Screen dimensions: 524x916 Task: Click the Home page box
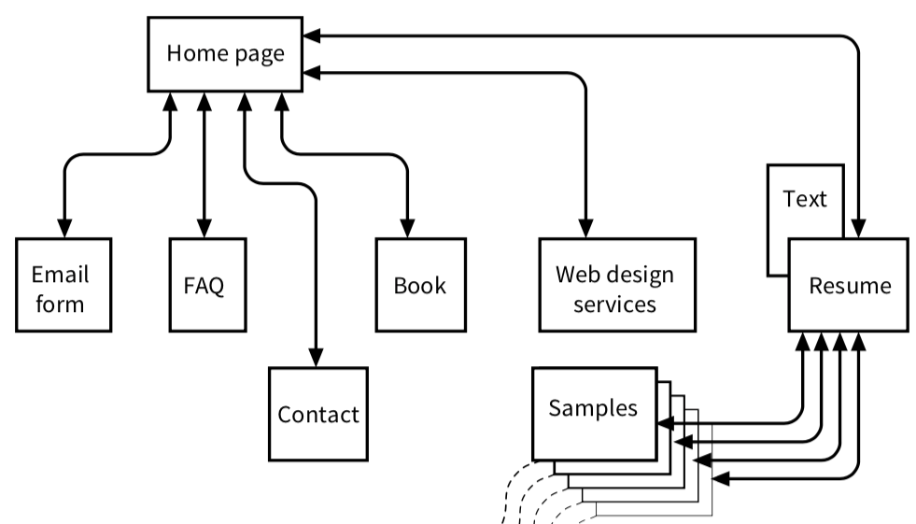pyautogui.click(x=225, y=53)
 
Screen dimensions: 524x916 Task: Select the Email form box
pyautogui.click(x=63, y=285)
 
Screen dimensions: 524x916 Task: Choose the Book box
pyautogui.click(x=419, y=285)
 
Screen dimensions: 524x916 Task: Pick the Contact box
pyautogui.click(x=317, y=414)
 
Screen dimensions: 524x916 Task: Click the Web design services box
pyautogui.click(x=616, y=285)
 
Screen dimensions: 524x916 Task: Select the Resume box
pyautogui.click(x=849, y=285)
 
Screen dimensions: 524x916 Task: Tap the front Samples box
pyautogui.click(x=594, y=408)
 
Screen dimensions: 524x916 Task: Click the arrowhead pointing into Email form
pyautogui.click(x=63, y=230)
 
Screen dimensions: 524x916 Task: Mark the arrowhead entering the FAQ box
pyautogui.click(x=204, y=230)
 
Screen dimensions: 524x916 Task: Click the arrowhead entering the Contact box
pyautogui.click(x=316, y=359)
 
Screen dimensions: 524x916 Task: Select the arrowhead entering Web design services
pyautogui.click(x=586, y=230)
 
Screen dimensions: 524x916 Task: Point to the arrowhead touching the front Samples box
pyautogui.click(x=665, y=424)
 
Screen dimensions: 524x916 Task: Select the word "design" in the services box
pyautogui.click(x=641, y=275)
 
